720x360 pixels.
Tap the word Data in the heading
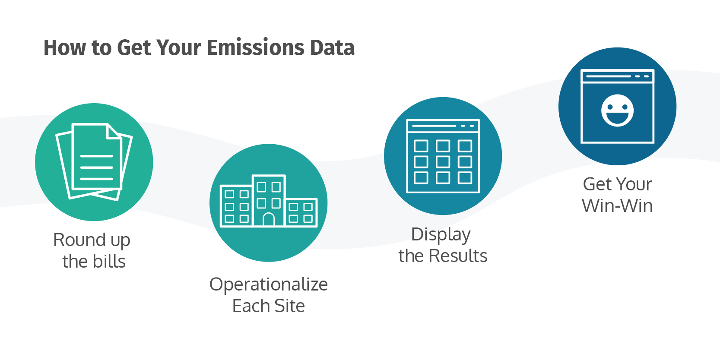point(333,47)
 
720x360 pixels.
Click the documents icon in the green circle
point(94,162)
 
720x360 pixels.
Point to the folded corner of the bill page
point(113,131)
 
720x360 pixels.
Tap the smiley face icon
point(617,111)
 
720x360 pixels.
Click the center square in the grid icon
point(443,162)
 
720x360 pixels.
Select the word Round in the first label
point(79,240)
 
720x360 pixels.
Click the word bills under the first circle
point(108,262)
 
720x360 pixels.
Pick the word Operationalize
point(268,285)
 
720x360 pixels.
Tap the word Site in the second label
point(289,306)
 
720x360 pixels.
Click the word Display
point(441,235)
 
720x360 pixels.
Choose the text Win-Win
point(617,206)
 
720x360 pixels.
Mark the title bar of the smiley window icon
point(617,76)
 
